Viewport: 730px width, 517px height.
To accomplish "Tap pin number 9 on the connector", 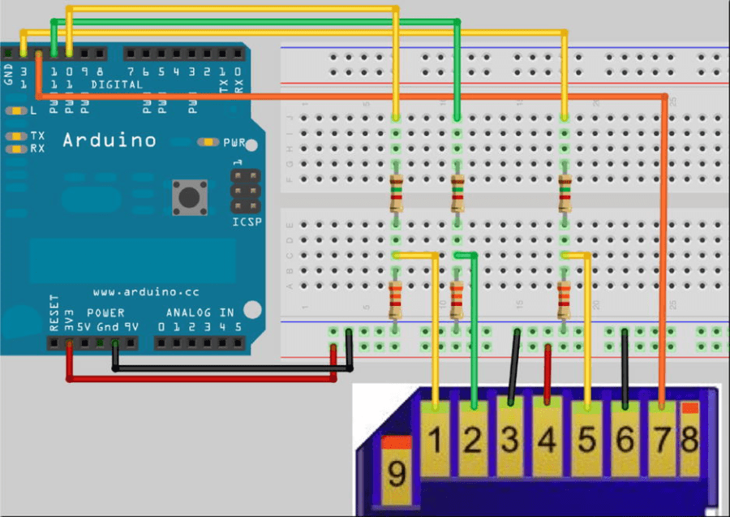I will [397, 473].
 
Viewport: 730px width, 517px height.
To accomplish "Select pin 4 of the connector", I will [547, 441].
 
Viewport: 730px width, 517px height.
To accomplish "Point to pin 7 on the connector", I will [663, 441].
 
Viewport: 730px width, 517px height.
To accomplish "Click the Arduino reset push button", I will [190, 197].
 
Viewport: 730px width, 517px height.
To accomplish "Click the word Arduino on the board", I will [109, 140].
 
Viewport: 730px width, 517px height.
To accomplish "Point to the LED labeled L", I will [17, 111].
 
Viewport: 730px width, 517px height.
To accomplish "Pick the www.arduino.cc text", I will [145, 291].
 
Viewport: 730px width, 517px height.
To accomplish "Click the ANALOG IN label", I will [200, 312].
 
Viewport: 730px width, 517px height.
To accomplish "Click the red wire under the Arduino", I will [203, 378].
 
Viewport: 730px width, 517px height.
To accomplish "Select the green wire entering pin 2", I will [474, 341].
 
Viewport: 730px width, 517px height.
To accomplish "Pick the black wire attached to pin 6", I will [625, 365].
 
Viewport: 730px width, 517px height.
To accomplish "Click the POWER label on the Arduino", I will [105, 312].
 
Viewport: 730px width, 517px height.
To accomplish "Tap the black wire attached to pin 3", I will [513, 365].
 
